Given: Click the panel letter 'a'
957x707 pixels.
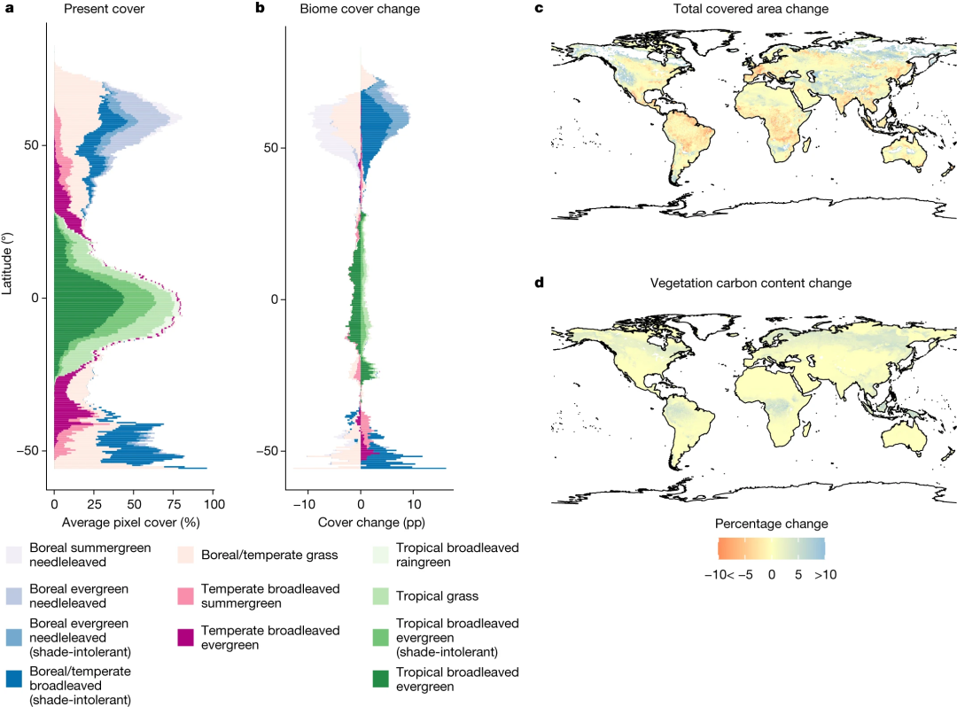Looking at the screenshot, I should [x=11, y=9].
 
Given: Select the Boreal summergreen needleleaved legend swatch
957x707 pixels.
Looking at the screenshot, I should [x=14, y=555].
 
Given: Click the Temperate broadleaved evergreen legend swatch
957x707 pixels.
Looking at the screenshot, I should [x=187, y=637].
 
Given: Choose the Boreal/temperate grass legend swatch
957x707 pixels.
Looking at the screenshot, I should [x=187, y=555].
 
